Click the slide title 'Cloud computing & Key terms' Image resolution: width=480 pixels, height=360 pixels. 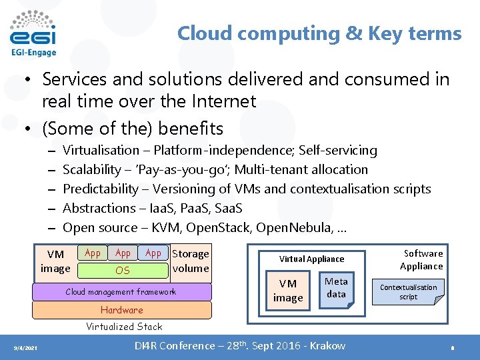point(319,33)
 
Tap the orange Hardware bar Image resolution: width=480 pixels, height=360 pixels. point(122,310)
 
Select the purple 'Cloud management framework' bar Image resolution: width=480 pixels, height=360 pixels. point(121,292)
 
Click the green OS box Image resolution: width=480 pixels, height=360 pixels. point(123,271)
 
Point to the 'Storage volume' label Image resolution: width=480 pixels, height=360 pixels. point(191,261)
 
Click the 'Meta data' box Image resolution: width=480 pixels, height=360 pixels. point(337,287)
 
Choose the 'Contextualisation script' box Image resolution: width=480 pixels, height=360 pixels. point(408,292)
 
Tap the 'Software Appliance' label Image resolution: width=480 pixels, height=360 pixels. point(421,259)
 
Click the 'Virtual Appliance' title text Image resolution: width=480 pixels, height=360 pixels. point(311,259)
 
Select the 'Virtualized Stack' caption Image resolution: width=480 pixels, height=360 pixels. point(124,327)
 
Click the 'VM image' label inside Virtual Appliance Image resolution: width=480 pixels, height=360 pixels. point(288,291)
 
